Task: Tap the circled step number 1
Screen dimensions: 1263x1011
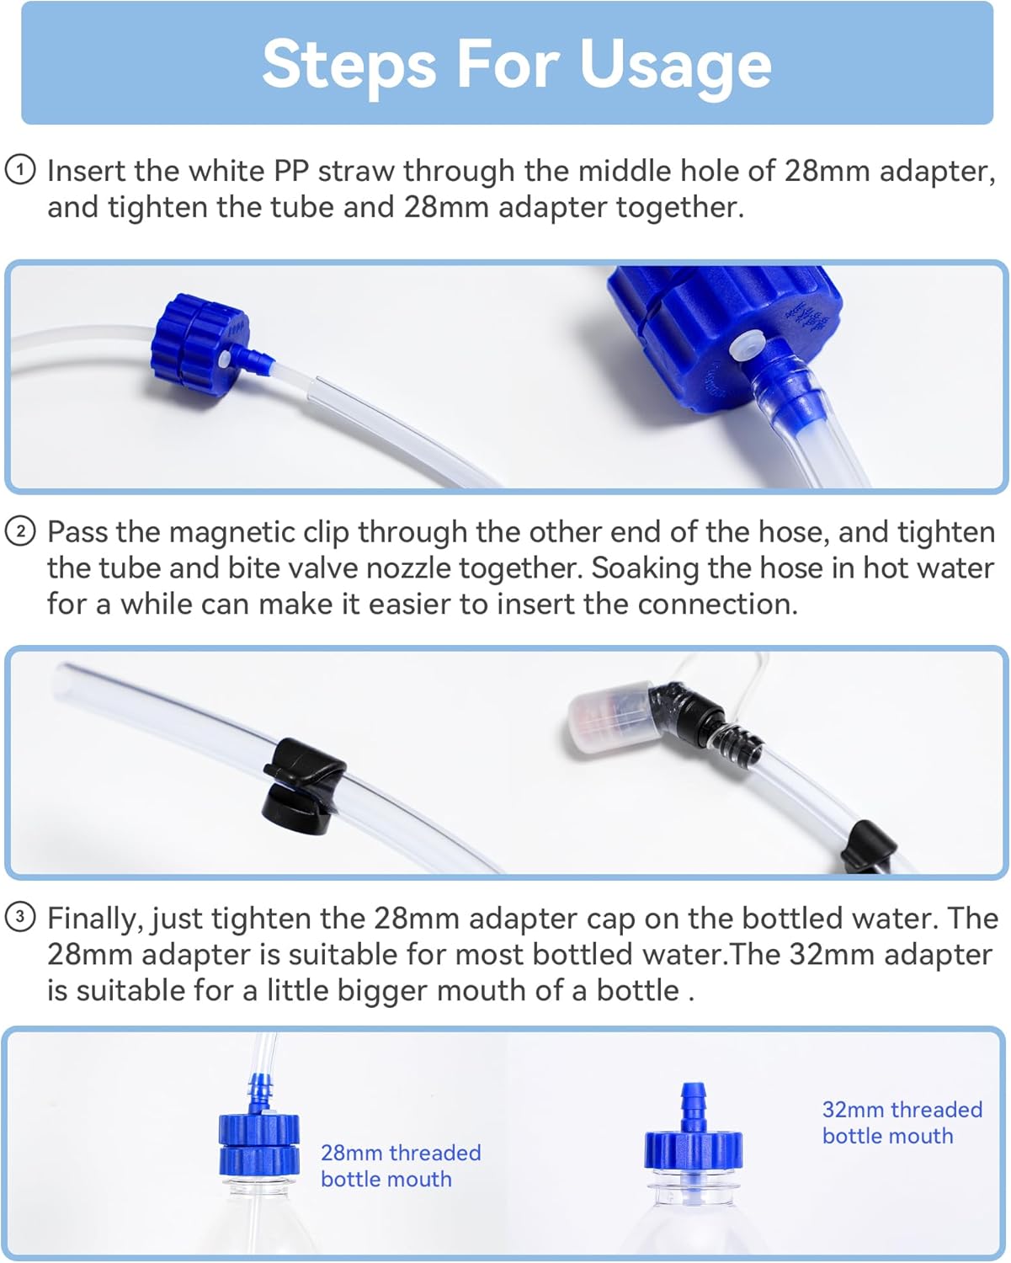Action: point(20,170)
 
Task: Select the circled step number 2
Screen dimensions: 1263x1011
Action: point(20,531)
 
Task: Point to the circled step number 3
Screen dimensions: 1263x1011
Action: point(20,917)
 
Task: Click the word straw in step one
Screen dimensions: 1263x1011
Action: point(356,171)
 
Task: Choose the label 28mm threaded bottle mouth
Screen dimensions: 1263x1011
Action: point(400,1166)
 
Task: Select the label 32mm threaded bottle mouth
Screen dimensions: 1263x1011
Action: point(902,1122)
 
